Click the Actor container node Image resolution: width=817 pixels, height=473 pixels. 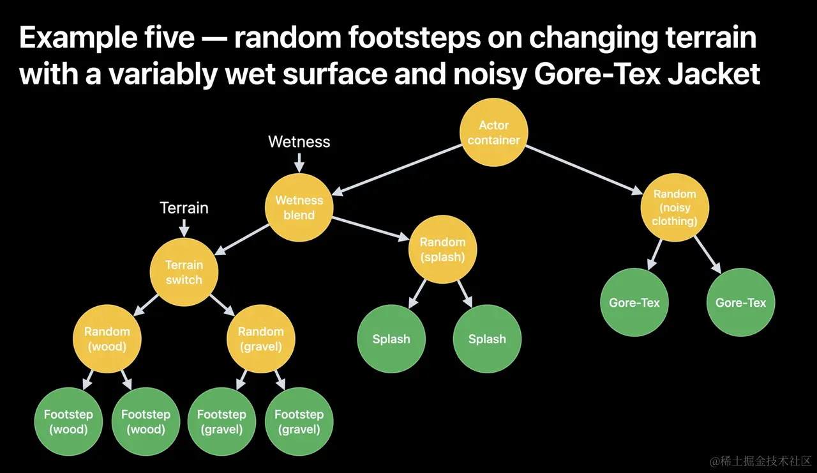[494, 133]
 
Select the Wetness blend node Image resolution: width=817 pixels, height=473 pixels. [299, 207]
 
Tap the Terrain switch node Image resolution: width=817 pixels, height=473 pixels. [184, 272]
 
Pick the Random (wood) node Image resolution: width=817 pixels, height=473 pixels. [107, 339]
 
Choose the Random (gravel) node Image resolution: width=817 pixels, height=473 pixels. [260, 339]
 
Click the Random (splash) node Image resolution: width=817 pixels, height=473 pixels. [442, 249]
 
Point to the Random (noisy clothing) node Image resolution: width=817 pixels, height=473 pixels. [675, 207]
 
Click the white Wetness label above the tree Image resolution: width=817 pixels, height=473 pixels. [299, 141]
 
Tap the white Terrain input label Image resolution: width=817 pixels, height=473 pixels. [184, 208]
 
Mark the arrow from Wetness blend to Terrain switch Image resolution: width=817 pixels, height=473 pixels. [243, 238]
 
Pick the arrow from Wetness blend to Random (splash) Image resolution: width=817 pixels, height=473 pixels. [370, 228]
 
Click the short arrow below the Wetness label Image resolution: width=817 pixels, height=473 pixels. [299, 163]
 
